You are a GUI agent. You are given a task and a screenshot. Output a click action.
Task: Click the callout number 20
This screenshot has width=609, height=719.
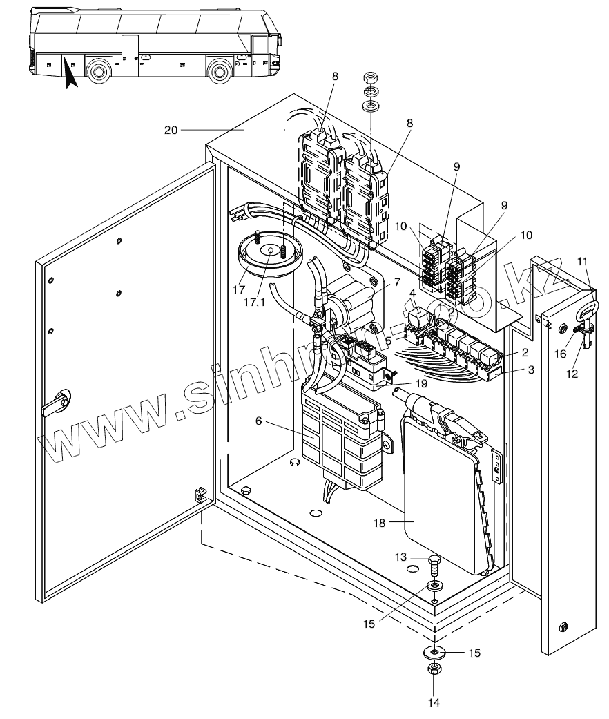pos(170,129)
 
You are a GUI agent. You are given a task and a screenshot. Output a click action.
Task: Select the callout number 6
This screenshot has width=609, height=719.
pos(258,421)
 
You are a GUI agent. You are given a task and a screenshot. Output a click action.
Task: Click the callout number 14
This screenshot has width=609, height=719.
pos(433,703)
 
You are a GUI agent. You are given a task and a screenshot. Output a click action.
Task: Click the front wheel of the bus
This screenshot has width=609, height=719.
pos(220,71)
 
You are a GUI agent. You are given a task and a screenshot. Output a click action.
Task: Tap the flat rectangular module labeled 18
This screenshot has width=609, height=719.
pos(442,497)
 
